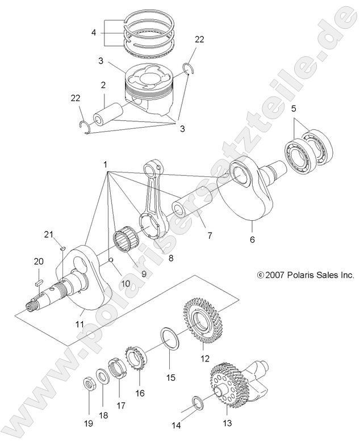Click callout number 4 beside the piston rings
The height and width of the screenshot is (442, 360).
coord(94,33)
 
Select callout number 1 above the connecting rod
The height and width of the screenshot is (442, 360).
coord(106,163)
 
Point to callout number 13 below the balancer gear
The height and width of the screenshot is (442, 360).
coord(227,422)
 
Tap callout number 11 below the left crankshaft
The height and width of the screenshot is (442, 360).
coord(80,324)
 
